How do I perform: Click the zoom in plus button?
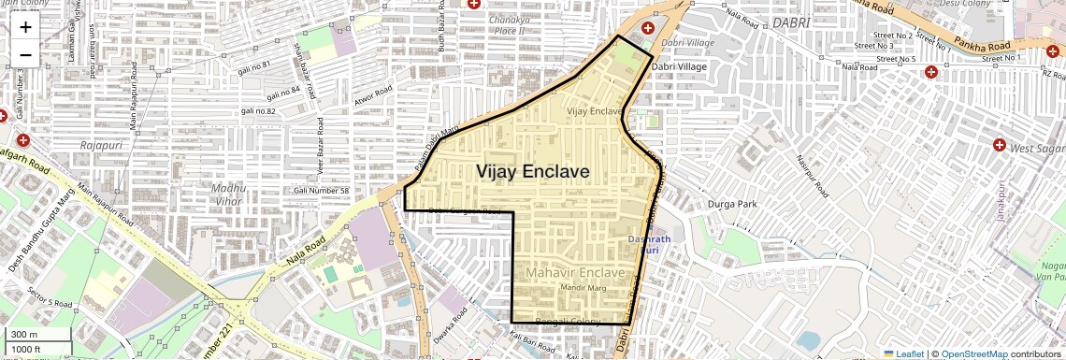click(x=25, y=26)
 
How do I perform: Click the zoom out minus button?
click(x=25, y=54)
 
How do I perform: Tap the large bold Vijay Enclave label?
click(x=533, y=172)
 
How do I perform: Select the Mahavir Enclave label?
click(x=574, y=272)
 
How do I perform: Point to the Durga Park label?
click(x=732, y=203)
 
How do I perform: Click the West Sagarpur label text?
click(x=1037, y=148)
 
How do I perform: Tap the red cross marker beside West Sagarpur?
click(x=999, y=145)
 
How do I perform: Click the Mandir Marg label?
click(x=583, y=289)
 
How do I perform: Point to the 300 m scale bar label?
click(x=25, y=335)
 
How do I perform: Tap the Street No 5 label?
click(x=893, y=59)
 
